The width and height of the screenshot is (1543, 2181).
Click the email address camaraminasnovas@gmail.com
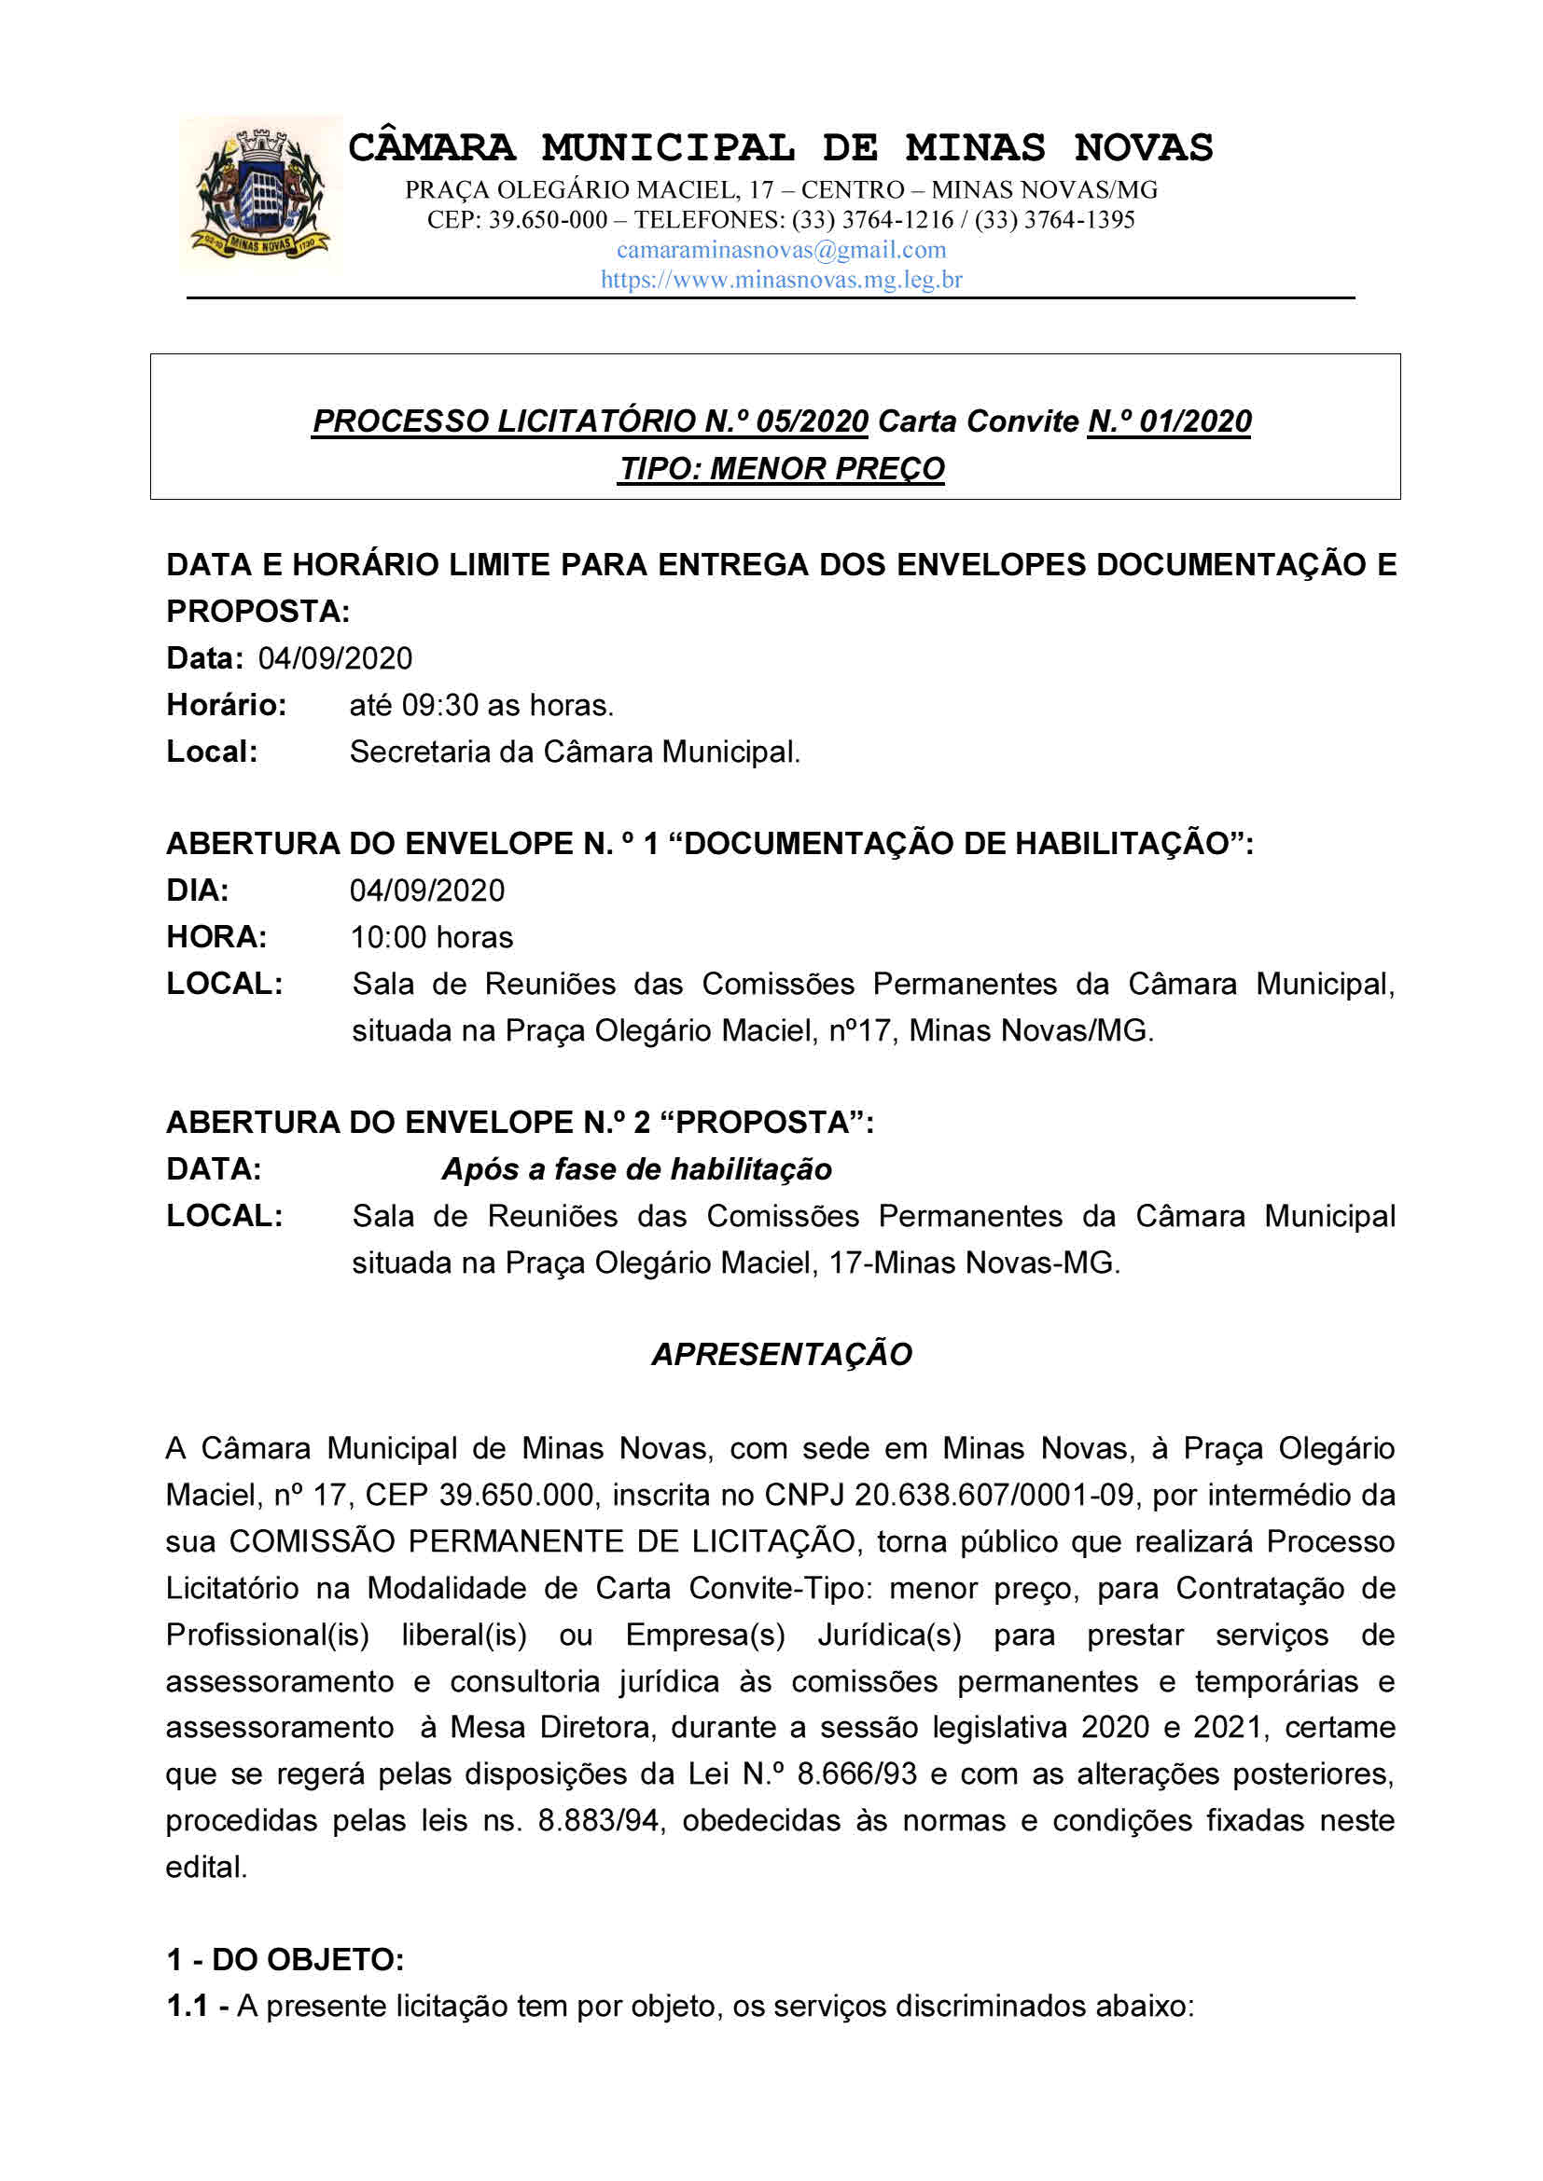(x=781, y=250)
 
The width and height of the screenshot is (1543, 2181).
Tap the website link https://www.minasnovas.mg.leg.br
(x=781, y=280)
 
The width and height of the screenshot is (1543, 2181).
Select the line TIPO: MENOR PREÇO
(x=781, y=468)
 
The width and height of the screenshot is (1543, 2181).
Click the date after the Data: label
(x=335, y=658)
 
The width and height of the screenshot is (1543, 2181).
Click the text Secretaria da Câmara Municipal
(x=575, y=752)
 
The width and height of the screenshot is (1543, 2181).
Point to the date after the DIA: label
(x=426, y=890)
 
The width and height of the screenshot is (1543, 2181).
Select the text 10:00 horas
(x=431, y=936)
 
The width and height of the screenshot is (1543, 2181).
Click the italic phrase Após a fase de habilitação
(x=636, y=1168)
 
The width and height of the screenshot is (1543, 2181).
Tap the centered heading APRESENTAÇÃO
(x=781, y=1354)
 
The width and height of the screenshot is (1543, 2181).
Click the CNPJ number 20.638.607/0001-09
(x=994, y=1495)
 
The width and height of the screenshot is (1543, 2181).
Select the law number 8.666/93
(x=857, y=1774)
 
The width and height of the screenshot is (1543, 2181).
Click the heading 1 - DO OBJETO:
(x=285, y=1959)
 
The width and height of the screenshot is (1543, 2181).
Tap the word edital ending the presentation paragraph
(x=205, y=1867)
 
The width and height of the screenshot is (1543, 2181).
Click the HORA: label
(x=216, y=936)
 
